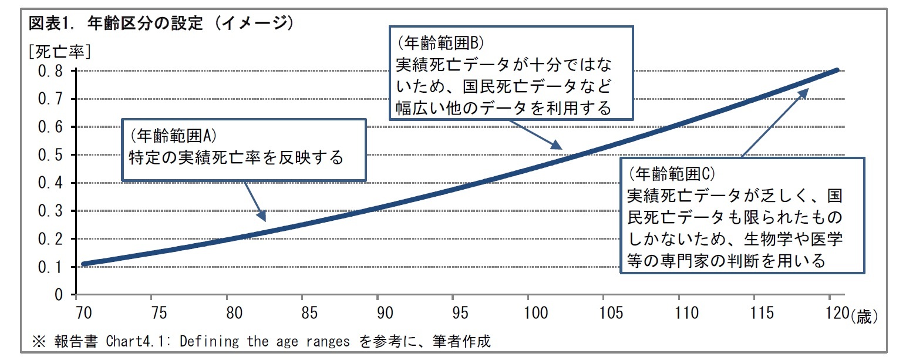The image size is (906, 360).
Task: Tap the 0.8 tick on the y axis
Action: pos(51,71)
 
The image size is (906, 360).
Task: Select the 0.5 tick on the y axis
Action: pos(51,155)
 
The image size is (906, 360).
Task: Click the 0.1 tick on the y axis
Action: pos(51,267)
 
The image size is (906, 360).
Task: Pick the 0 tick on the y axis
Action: pos(59,295)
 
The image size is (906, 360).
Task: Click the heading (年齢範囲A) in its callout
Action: pos(174,136)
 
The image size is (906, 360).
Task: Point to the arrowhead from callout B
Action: pos(557,146)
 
